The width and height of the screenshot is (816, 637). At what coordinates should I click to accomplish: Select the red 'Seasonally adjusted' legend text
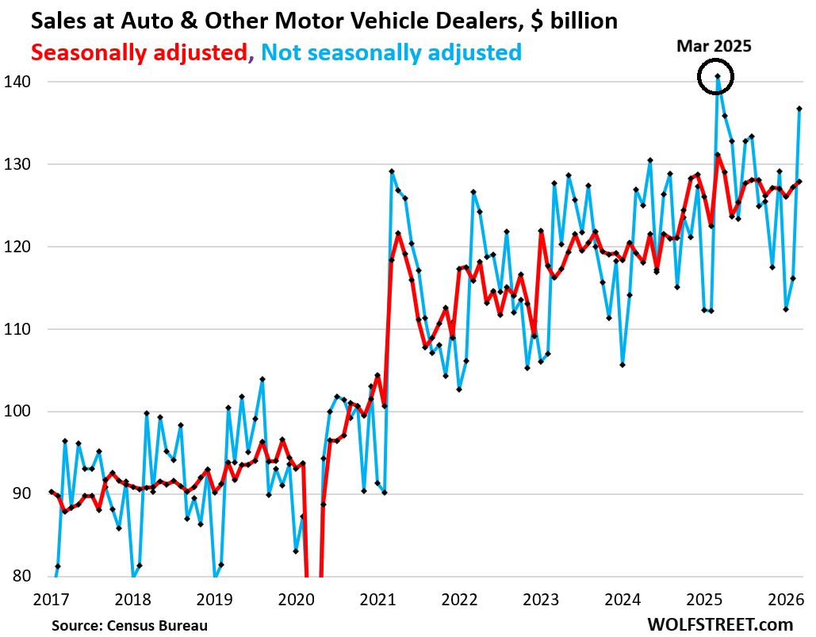coord(140,53)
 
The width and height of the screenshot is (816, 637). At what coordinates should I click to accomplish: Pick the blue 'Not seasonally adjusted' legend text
coord(391,53)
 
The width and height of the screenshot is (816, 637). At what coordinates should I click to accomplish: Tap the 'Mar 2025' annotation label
coord(714,46)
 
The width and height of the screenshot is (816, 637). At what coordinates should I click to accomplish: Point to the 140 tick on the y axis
coord(19,82)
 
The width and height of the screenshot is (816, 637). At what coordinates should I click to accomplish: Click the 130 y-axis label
coord(19,164)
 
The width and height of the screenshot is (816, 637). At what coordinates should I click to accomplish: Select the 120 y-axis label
coord(19,247)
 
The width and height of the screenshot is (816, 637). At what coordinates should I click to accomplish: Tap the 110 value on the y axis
coord(19,329)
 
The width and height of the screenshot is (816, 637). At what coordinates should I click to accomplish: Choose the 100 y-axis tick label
coord(19,412)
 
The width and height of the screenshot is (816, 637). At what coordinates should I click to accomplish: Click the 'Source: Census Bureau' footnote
coord(129,625)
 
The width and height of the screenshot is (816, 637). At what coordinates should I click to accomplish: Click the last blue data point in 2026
coord(799,109)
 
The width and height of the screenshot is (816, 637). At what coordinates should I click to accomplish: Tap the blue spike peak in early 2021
coord(392,171)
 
